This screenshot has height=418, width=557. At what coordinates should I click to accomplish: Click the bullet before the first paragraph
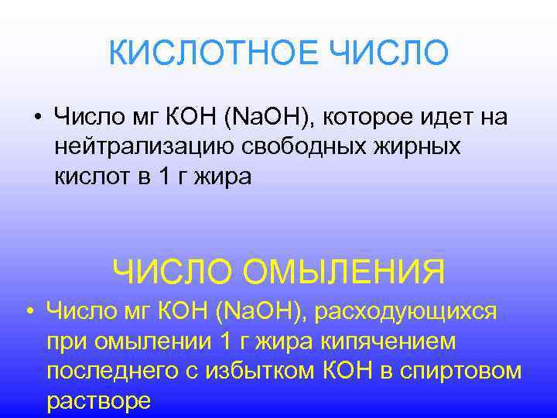click(x=38, y=117)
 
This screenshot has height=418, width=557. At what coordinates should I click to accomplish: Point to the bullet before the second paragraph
click(x=29, y=312)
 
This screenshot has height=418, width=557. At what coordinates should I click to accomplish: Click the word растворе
click(x=98, y=401)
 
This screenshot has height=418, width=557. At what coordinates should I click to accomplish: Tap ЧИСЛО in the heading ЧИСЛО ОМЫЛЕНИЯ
click(x=173, y=272)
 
